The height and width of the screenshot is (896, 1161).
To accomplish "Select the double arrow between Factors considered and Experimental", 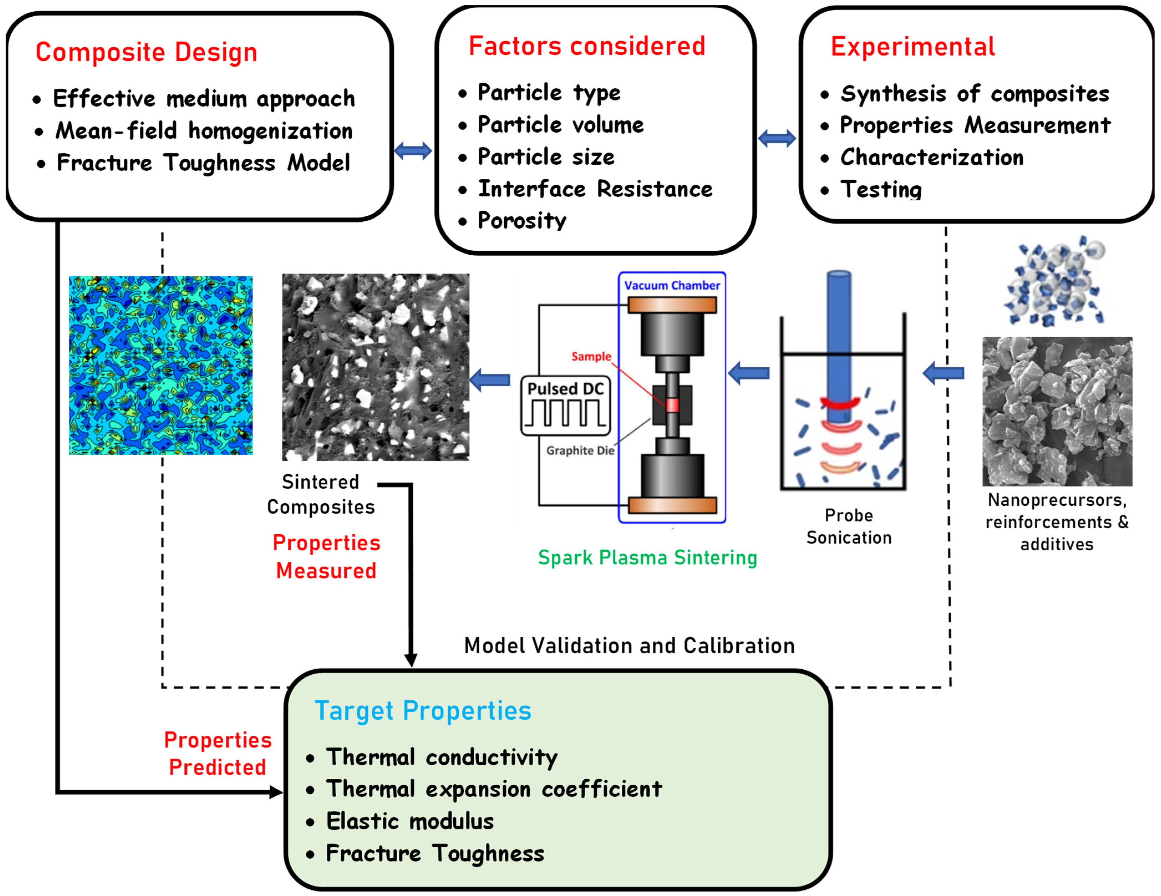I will point(777,139).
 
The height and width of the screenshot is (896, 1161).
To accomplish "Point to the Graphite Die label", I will point(580,450).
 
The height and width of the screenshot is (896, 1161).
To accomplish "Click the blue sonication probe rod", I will point(839,340).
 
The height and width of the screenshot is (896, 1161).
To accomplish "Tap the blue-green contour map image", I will point(161,365).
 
